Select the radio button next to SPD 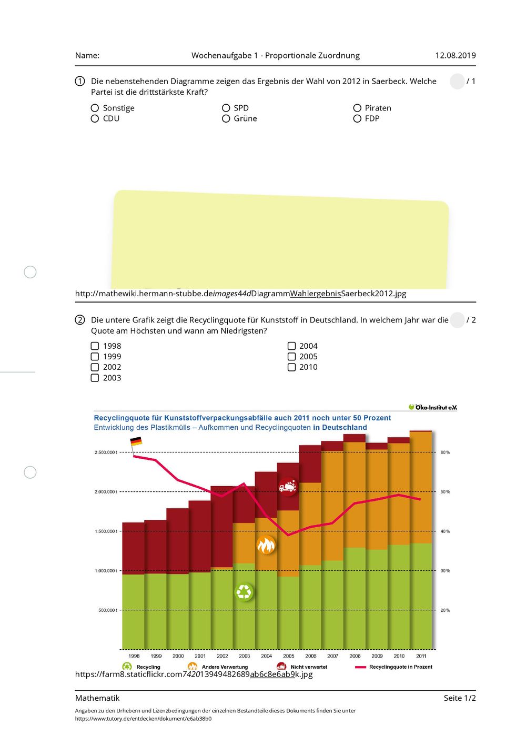(226, 108)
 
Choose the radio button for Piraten (357, 108)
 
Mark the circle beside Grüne (226, 118)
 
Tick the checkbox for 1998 (95, 346)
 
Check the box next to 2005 (291, 357)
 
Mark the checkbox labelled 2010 (291, 367)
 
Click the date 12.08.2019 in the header (456, 55)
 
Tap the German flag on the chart (136, 441)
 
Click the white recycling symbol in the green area (244, 592)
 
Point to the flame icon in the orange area (266, 545)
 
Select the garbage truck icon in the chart (288, 487)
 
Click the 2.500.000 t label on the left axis (106, 452)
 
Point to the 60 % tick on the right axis (445, 452)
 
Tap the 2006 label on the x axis (310, 656)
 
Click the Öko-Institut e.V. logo (433, 407)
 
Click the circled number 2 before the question (80, 320)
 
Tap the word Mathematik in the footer (97, 698)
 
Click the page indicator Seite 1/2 (460, 698)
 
